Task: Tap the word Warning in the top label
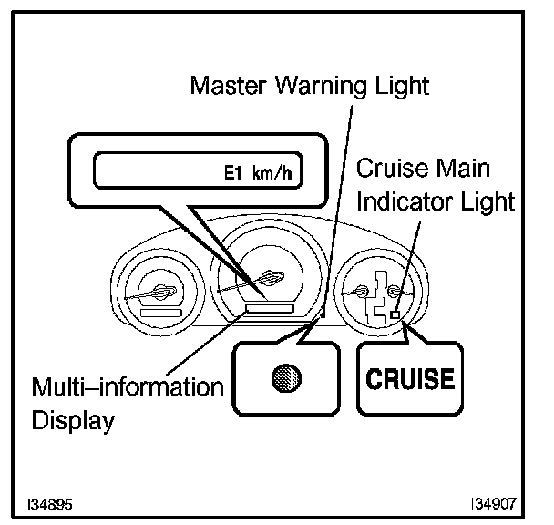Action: (x=316, y=87)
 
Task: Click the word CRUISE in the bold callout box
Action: (x=410, y=378)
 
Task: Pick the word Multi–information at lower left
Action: (x=128, y=386)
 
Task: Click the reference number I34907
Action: (x=493, y=502)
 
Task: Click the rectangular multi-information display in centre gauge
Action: (x=269, y=310)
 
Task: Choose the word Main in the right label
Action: (x=459, y=169)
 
